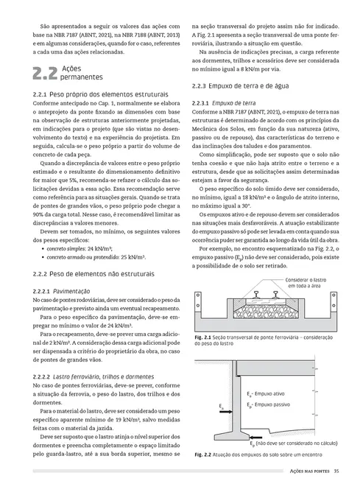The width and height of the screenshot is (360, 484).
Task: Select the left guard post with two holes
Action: [x=201, y=305]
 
